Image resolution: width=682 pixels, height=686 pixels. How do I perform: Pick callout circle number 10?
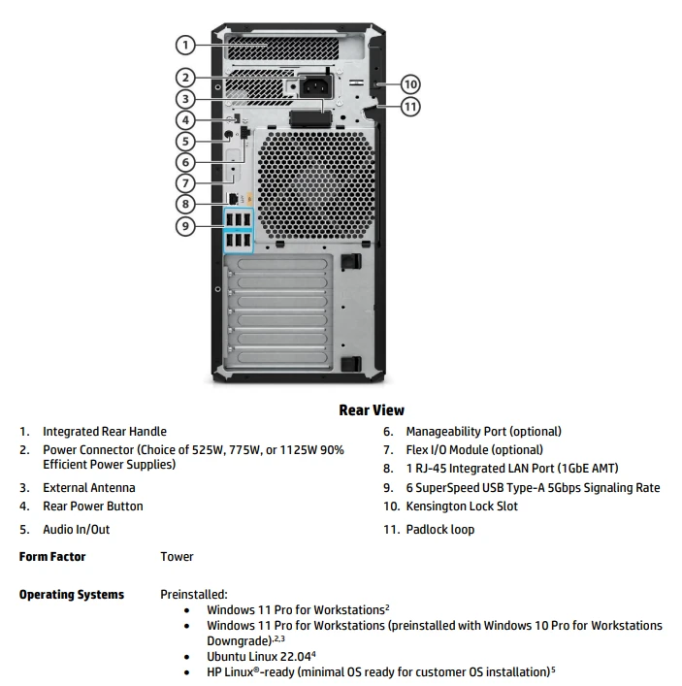pyautogui.click(x=410, y=84)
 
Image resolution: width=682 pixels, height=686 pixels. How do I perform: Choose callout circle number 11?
pyautogui.click(x=410, y=107)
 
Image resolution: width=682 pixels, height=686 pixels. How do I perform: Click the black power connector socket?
pyautogui.click(x=315, y=85)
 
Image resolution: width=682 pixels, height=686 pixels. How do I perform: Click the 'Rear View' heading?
pyautogui.click(x=372, y=410)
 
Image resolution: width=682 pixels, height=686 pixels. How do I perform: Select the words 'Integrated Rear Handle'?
pyautogui.click(x=105, y=432)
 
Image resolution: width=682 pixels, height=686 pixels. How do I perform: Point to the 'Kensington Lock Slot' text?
pyautogui.click(x=462, y=506)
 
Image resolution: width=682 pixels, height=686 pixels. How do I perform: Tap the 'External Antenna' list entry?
pyautogui.click(x=89, y=488)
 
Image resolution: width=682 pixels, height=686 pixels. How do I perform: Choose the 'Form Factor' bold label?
pyautogui.click(x=52, y=557)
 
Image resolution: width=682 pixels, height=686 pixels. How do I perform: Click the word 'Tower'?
pyautogui.click(x=177, y=557)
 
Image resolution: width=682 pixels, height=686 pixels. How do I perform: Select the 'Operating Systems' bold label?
pyautogui.click(x=72, y=595)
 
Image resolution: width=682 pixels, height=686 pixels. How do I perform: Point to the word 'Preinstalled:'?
pyautogui.click(x=194, y=595)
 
